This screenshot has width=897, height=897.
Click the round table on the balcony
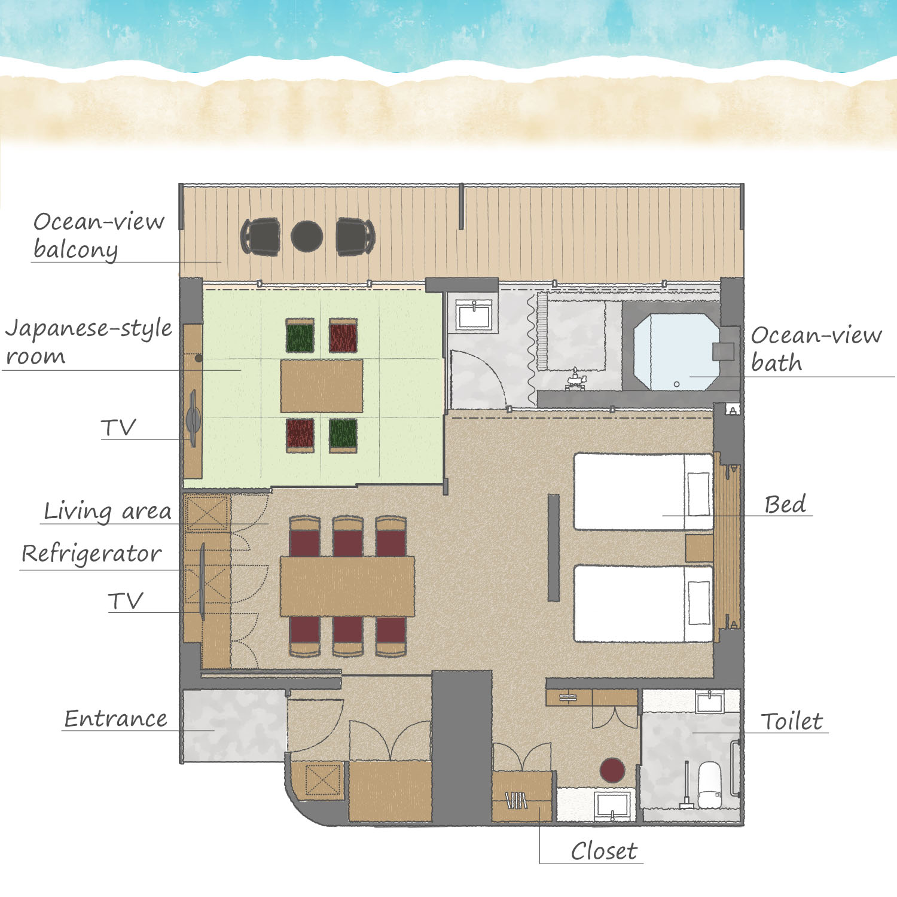(307, 236)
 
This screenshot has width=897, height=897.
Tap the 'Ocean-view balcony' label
(99, 236)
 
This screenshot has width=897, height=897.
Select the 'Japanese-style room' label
(89, 341)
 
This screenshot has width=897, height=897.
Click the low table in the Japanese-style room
(322, 386)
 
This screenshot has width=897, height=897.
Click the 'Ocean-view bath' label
(816, 349)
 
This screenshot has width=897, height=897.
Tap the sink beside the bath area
(474, 315)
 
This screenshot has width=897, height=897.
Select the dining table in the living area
(347, 586)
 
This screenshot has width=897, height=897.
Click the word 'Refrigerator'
(91, 554)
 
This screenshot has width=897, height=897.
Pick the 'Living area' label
(108, 511)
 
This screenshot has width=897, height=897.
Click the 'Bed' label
(785, 504)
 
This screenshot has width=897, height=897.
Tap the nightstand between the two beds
(699, 548)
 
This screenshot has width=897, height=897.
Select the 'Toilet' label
(792, 721)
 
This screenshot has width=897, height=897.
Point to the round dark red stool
(612, 771)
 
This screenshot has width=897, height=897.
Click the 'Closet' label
(604, 851)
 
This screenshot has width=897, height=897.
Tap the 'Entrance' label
(115, 718)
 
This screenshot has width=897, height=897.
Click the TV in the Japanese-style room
(193, 419)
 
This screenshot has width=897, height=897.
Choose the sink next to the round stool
(612, 805)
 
